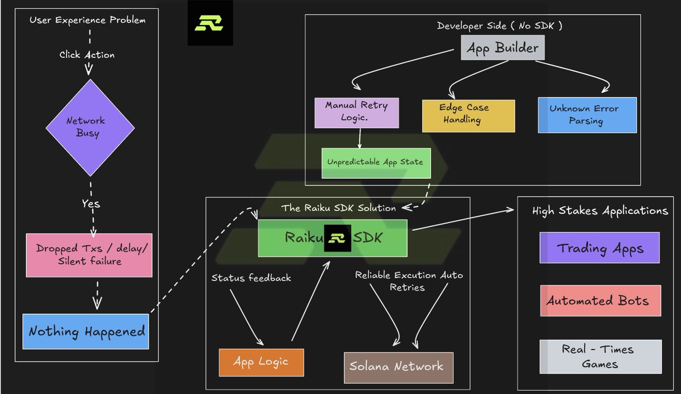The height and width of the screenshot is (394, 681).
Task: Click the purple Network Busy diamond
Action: (x=90, y=128)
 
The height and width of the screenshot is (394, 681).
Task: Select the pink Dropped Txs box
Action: (x=89, y=255)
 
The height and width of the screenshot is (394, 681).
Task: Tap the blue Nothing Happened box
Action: (x=86, y=332)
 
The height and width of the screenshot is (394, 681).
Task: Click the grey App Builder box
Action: (x=503, y=48)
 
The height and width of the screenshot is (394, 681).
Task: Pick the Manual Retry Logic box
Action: (x=356, y=113)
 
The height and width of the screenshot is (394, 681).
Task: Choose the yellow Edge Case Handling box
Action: (x=469, y=116)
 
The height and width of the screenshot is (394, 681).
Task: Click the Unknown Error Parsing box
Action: (x=587, y=115)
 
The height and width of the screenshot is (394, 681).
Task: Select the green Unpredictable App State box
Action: (x=376, y=163)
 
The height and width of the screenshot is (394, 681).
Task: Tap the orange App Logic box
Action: (x=261, y=362)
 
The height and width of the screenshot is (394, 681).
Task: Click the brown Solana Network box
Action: (x=398, y=367)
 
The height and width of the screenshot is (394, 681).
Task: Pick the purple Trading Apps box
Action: (x=599, y=248)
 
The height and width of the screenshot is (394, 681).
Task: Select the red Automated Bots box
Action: (x=600, y=300)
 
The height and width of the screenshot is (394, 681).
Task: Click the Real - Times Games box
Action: (x=600, y=357)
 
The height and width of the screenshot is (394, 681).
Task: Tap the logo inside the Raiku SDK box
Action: (x=338, y=238)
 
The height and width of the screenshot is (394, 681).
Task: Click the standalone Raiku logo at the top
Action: (x=210, y=23)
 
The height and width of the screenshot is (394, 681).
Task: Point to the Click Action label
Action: (x=87, y=55)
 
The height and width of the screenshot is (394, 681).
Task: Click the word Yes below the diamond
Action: (x=91, y=204)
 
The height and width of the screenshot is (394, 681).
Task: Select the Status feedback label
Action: (x=251, y=278)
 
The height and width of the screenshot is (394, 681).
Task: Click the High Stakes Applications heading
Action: (x=600, y=211)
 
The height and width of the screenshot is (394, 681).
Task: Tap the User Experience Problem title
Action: (x=87, y=20)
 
